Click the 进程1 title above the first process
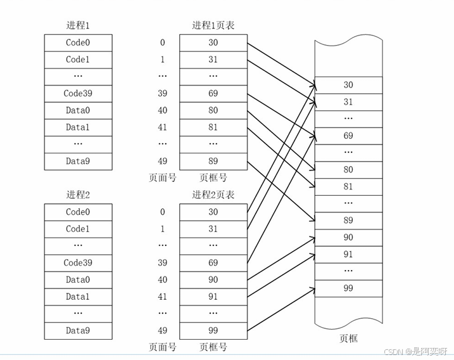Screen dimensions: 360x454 (x=78, y=26)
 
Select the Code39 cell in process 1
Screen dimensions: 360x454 (x=78, y=94)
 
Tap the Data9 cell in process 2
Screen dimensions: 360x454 (x=78, y=330)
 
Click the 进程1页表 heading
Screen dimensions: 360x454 (x=213, y=26)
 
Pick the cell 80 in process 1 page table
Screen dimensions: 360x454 (x=213, y=110)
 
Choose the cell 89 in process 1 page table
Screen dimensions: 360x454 (x=213, y=161)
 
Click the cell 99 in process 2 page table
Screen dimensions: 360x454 (x=213, y=330)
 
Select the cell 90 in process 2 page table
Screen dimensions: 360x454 (x=213, y=280)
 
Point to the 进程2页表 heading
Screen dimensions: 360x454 (x=213, y=195)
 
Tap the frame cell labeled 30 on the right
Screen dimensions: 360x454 (x=348, y=85)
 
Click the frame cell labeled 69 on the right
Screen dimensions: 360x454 (x=348, y=136)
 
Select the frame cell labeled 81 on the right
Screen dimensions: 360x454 (x=348, y=186)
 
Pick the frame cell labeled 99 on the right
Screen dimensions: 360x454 (x=348, y=288)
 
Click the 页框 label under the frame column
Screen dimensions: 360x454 (x=348, y=339)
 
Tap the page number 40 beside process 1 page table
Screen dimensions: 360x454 (x=163, y=110)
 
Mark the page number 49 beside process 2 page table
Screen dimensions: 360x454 (x=163, y=330)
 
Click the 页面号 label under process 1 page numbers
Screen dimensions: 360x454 (x=163, y=178)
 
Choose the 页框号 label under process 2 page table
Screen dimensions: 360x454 (x=213, y=347)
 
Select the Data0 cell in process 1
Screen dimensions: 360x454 (x=78, y=110)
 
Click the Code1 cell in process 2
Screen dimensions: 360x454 (x=78, y=229)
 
